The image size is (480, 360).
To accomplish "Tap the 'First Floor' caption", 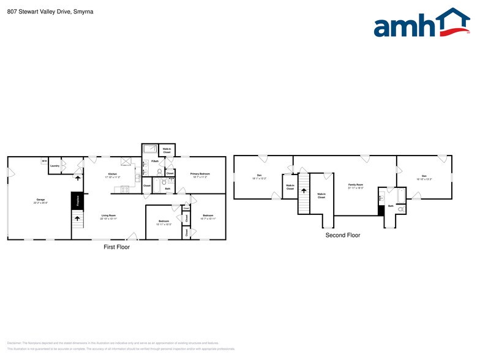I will [116, 247].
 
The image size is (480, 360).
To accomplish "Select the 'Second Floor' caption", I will [343, 235].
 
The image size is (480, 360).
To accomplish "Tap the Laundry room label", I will [54, 166].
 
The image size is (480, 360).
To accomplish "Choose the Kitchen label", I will [113, 175].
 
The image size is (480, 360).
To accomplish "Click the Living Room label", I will [108, 216].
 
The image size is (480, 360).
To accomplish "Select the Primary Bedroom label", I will [200, 174].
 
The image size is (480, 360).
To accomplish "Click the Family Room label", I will [356, 186].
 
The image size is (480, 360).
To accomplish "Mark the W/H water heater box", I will [44, 161].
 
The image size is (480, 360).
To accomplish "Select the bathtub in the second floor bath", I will [400, 195].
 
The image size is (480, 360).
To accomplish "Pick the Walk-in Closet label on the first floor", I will [167, 150].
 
